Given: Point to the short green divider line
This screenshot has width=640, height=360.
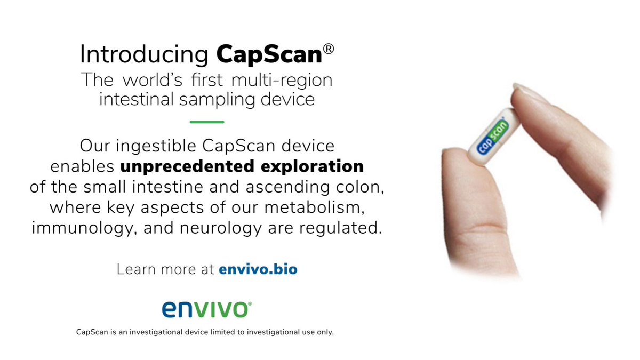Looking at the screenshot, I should pyautogui.click(x=207, y=122).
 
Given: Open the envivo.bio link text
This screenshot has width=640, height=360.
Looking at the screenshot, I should pyautogui.click(x=258, y=269).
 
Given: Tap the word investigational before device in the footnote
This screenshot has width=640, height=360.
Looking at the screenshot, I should pyautogui.click(x=162, y=332).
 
